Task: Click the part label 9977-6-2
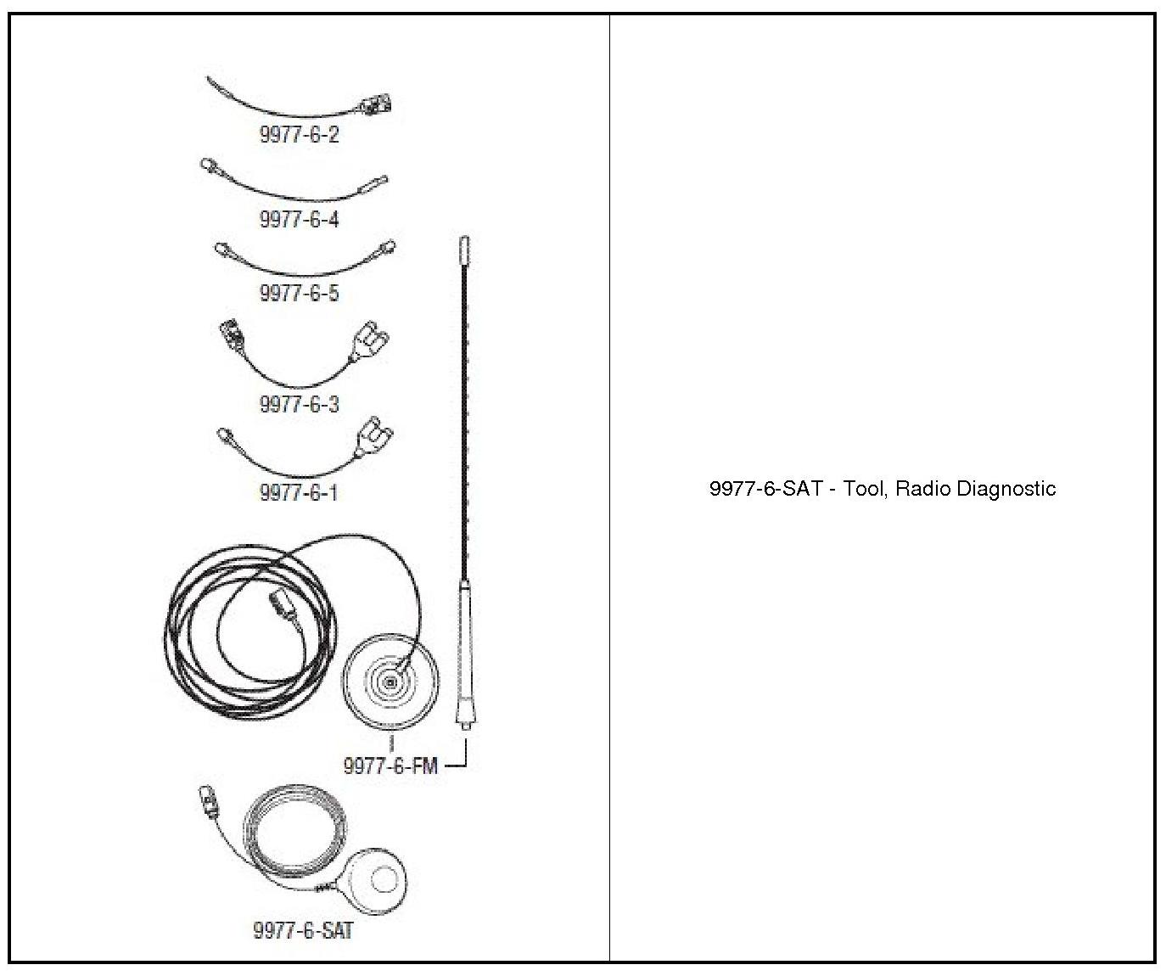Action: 299,135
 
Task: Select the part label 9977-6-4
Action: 299,219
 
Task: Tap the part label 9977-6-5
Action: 299,293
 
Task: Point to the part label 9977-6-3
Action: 299,403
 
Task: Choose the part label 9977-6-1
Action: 298,492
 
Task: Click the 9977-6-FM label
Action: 390,766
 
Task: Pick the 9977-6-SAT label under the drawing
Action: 303,930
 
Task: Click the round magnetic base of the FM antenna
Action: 391,682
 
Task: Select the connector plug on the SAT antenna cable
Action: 208,797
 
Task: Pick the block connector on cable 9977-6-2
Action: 376,106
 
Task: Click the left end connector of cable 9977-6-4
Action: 209,166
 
